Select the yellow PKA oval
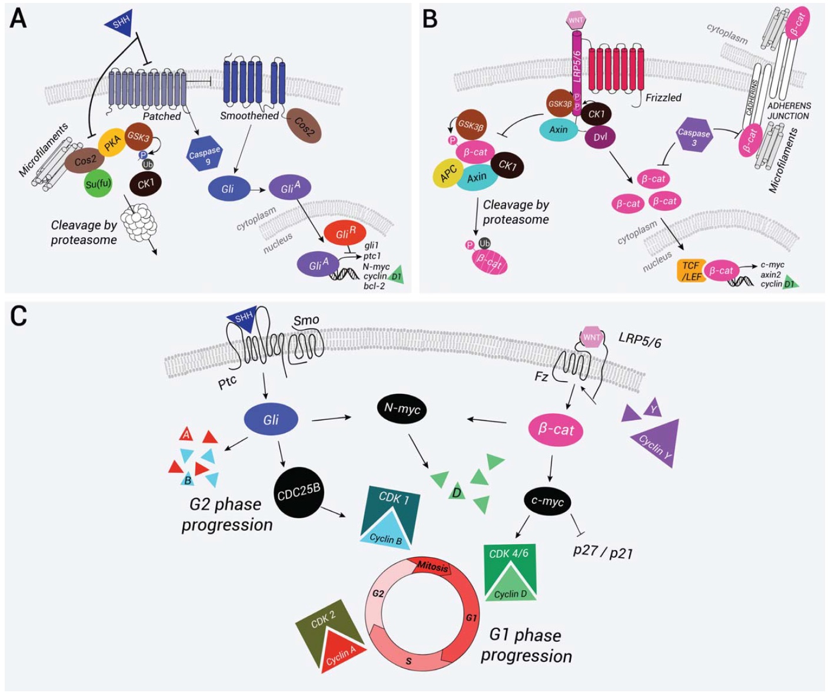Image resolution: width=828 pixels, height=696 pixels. click(x=112, y=143)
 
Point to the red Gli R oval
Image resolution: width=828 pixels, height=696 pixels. click(x=345, y=234)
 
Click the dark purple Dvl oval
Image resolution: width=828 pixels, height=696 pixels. click(x=600, y=137)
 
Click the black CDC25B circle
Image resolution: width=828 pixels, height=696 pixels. click(x=298, y=492)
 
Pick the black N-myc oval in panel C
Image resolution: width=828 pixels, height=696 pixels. click(x=401, y=409)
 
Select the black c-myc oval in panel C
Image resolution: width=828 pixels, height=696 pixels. click(x=547, y=502)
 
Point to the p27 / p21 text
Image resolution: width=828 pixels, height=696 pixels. click(x=603, y=552)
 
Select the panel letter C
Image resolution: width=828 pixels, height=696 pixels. click(x=19, y=316)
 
